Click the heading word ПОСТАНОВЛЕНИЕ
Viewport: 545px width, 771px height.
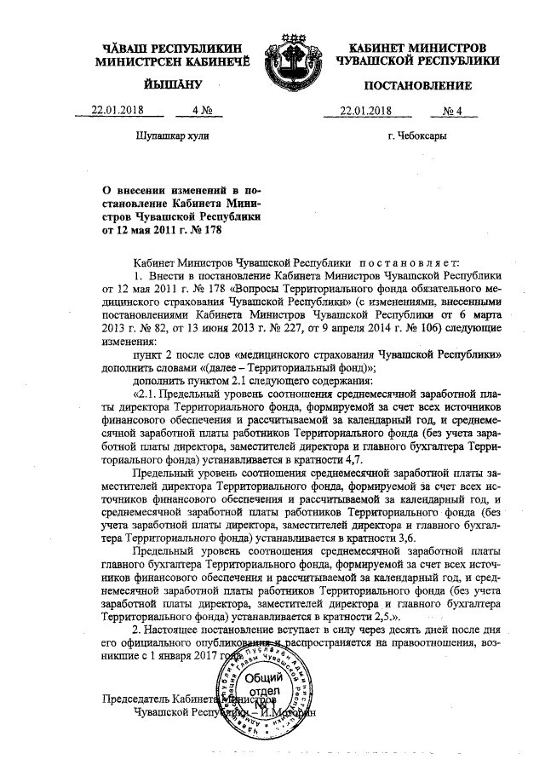(417, 86)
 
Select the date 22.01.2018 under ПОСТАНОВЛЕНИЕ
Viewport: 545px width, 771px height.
(364, 110)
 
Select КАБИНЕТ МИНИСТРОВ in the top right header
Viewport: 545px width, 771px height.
(417, 47)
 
